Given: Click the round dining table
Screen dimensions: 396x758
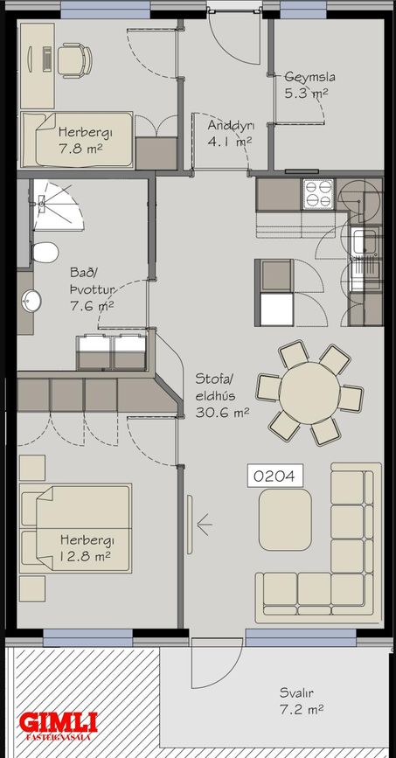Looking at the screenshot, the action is point(309,393).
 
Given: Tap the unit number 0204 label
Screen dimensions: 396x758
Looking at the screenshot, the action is point(275,476).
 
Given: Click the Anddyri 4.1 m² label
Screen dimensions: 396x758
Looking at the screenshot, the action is point(230,133).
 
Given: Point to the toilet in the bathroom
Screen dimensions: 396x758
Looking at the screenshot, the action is point(45,253).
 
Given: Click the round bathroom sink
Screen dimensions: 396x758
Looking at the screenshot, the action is point(31,301).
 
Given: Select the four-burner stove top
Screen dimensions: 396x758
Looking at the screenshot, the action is point(317,194).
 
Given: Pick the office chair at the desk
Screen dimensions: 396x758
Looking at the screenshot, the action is point(74,60).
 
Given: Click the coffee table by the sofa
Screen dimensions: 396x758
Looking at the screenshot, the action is point(285,519).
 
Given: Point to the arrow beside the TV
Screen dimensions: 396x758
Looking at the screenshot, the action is point(205,525).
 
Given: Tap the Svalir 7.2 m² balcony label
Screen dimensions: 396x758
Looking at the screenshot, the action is point(302,701).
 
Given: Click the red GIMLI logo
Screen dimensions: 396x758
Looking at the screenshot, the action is point(59,723).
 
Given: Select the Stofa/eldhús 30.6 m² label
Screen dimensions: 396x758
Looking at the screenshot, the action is point(222,395).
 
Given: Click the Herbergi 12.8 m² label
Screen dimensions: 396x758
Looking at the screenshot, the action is point(85,547).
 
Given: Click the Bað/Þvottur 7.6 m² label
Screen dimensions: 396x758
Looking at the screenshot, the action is point(92,289).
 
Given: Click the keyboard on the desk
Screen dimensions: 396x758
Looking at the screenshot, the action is point(47,59).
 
